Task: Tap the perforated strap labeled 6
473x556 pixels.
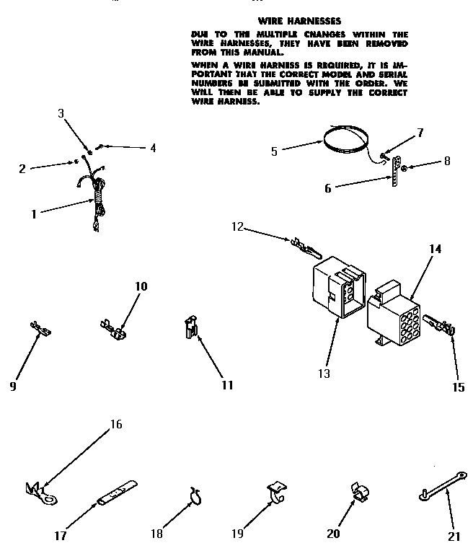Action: click(394, 172)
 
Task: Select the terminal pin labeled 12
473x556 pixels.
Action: click(306, 247)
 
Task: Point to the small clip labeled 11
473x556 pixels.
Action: click(190, 328)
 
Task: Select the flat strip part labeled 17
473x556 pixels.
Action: click(117, 493)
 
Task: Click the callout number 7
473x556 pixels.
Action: click(420, 132)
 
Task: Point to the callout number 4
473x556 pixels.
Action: click(152, 148)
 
